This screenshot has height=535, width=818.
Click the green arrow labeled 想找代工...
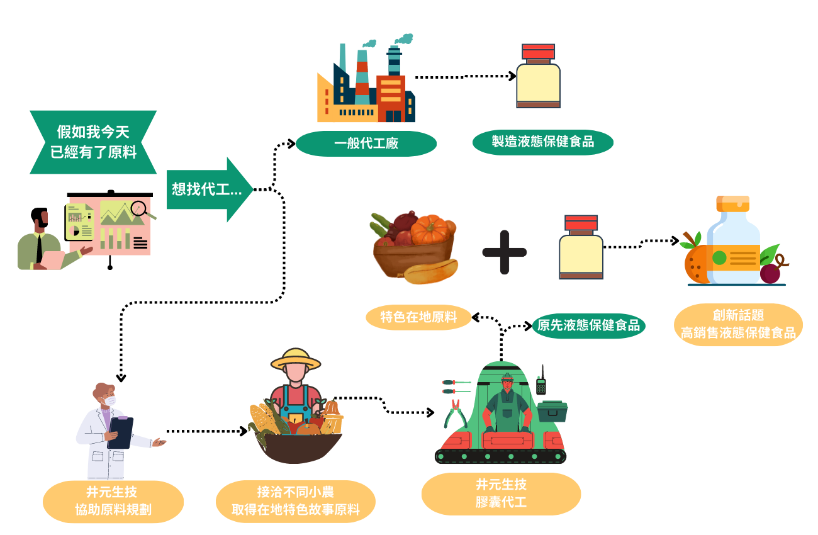210,189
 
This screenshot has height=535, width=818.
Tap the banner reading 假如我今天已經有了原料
93,142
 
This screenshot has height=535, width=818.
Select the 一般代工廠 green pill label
366,144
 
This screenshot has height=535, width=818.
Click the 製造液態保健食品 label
542,142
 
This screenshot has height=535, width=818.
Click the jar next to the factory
538,76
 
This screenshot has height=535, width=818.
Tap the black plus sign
504,252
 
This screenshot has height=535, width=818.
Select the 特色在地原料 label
418,317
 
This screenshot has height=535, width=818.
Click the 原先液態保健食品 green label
589,326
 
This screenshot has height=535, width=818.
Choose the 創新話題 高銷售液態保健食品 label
738,325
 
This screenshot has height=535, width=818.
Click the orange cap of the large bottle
732,203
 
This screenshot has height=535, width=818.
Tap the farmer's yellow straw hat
296,359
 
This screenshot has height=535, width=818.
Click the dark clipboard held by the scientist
120,432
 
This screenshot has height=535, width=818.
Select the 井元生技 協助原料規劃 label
113,502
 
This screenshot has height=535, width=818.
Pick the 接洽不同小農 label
296,501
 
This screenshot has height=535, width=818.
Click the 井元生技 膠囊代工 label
501,493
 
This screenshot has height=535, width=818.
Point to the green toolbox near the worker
552,411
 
